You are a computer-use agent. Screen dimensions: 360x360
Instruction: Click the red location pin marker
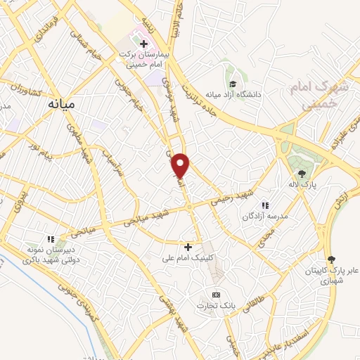pos(181,165)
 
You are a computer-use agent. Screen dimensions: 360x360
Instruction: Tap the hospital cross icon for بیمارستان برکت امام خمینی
pos(144,44)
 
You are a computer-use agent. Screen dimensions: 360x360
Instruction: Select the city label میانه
pos(60,104)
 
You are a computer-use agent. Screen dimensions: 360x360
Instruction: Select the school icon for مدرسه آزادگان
pos(265,205)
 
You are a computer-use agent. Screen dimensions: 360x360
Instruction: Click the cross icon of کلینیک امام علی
pos(188,247)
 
